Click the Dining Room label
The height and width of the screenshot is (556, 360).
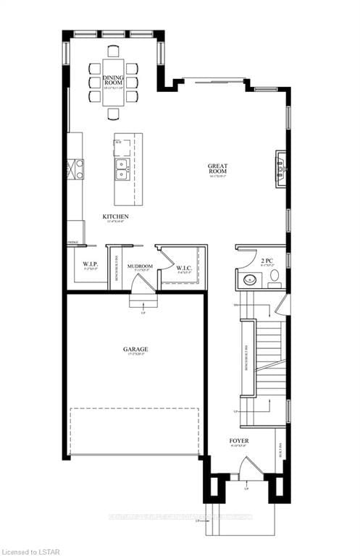114,80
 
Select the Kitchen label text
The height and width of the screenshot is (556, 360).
116,216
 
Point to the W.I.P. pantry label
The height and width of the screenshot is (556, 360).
90,265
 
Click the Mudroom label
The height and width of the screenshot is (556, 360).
141,266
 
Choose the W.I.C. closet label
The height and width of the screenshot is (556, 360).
184,269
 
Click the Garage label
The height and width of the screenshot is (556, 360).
135,350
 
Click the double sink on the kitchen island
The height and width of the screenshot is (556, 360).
121,169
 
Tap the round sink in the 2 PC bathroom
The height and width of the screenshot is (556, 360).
245,281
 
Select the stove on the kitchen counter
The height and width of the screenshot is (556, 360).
75,169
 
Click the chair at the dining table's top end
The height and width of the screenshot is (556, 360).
114,51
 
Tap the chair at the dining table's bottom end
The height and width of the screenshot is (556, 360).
114,114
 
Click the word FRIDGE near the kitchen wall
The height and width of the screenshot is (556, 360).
73,243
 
